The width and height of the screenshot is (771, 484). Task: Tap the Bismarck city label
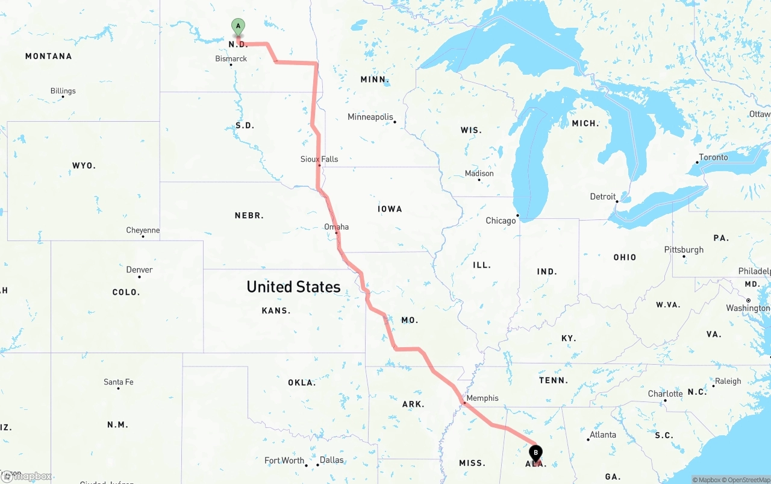231,58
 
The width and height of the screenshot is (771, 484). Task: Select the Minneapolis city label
370,117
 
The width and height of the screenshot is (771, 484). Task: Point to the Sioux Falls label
319,159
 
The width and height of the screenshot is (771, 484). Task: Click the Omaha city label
336,227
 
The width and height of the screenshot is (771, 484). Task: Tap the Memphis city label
482,398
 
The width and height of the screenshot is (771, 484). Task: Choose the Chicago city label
501,221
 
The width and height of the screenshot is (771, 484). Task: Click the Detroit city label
602,196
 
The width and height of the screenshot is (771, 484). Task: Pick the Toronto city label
713,157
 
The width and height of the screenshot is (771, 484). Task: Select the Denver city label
139,269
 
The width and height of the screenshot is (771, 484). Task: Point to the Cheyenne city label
143,230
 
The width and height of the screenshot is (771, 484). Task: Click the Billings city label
63,91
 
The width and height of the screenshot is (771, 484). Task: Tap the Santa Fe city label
118,382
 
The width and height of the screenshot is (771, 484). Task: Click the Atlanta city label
602,435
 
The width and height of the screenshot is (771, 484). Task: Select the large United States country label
293,287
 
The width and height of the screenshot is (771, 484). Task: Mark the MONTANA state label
48,56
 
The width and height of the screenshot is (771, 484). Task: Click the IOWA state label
390,209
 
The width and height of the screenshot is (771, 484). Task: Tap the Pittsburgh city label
684,250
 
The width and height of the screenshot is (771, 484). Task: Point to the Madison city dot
479,180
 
